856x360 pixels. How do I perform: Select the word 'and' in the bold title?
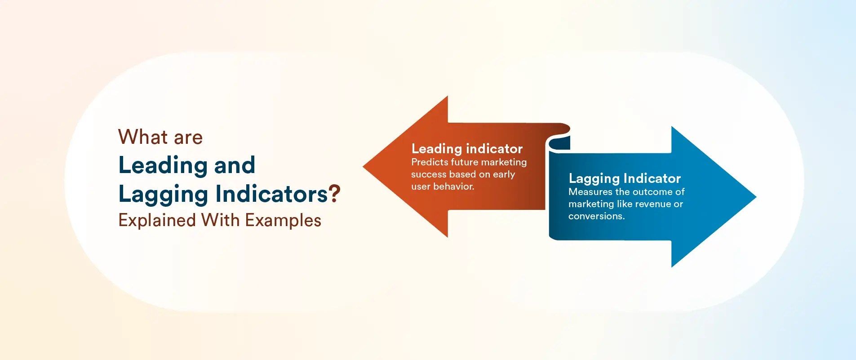[235, 165]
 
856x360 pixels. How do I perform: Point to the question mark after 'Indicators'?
[335, 194]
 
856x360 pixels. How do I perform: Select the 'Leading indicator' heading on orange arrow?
[467, 149]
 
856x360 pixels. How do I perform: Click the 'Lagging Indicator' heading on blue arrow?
[625, 179]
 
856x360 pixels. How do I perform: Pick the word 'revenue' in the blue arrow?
[653, 204]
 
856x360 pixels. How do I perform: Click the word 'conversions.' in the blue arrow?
[596, 216]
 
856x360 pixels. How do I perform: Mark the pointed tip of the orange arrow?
[364, 167]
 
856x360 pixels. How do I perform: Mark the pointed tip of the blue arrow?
[756, 196]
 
